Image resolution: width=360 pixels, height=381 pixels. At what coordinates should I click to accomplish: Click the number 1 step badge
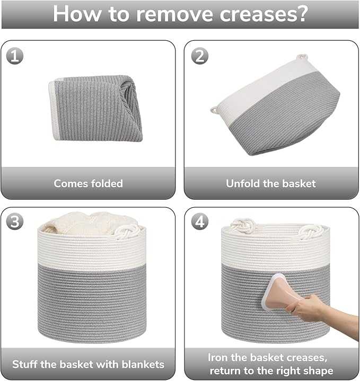(x=15, y=56)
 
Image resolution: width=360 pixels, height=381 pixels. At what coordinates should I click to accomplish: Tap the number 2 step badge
(x=200, y=56)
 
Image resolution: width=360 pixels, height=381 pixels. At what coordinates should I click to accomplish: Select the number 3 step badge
(x=15, y=221)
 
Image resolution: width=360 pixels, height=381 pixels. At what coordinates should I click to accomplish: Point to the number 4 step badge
(x=200, y=221)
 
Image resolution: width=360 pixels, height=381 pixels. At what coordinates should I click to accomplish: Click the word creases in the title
(x=264, y=14)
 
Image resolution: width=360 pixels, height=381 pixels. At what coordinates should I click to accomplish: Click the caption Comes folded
(x=88, y=183)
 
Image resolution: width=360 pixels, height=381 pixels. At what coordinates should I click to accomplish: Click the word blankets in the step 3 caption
(x=143, y=365)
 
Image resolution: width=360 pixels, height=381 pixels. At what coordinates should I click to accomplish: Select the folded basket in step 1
(x=95, y=109)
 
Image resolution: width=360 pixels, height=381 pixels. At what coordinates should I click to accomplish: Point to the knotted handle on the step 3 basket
(x=128, y=232)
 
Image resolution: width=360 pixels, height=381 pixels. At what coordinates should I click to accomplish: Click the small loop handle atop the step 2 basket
(x=302, y=57)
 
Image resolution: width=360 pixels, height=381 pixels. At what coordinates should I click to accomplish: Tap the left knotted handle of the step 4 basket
(x=243, y=226)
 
